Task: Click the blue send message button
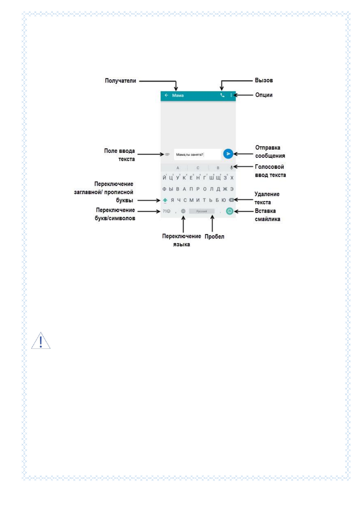[x=228, y=154]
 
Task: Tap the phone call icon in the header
[x=222, y=95]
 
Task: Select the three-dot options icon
[x=231, y=95]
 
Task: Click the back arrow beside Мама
[x=166, y=95]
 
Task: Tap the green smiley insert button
[x=229, y=211]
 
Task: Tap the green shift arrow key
[x=165, y=200]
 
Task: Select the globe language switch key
[x=183, y=211]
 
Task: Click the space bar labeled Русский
[x=202, y=211]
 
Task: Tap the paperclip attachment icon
[x=167, y=154]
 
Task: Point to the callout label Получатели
[x=120, y=81]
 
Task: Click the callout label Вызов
[x=264, y=80]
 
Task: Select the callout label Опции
[x=264, y=95]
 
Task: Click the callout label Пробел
[x=214, y=237]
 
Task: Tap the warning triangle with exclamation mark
[x=41, y=341]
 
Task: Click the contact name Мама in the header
[x=178, y=96]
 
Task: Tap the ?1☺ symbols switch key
[x=167, y=211]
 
